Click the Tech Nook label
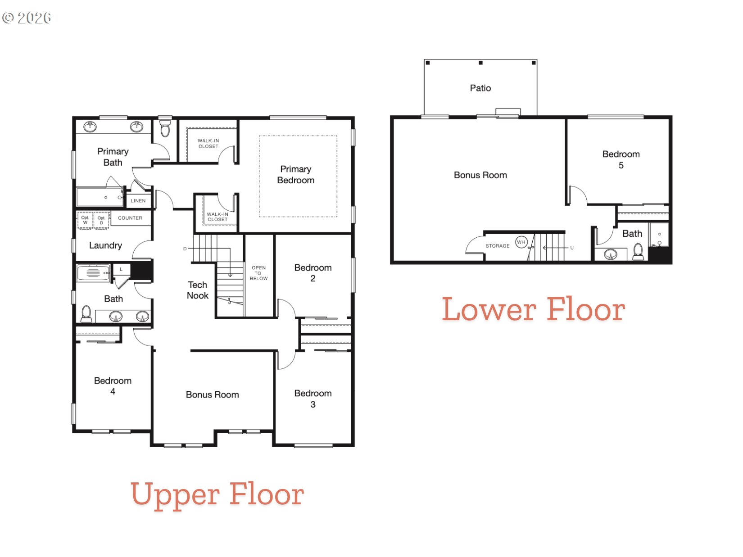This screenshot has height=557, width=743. [x=198, y=290]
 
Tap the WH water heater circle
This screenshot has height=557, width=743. [x=521, y=242]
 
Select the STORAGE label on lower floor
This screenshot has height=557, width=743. [x=497, y=246]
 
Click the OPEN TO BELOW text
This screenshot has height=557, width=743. [x=258, y=273]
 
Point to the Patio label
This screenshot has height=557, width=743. [x=480, y=88]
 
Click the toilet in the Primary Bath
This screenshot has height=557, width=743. [x=165, y=128]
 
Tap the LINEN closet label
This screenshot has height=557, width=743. [x=138, y=201]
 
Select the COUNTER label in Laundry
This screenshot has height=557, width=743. [x=130, y=218]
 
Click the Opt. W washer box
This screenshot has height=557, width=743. [x=85, y=220]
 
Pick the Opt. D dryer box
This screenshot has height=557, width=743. [x=101, y=220]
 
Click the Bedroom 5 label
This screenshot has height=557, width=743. [x=621, y=159]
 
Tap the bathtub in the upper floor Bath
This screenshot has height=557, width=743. [x=93, y=273]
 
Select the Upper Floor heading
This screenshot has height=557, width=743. [x=217, y=494]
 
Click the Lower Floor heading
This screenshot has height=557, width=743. [x=533, y=310]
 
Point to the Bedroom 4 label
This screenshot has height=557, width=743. [x=113, y=386]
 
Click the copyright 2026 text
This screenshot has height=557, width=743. [x=27, y=18]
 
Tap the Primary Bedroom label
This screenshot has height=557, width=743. [x=295, y=175]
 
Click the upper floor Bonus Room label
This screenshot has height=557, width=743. [x=212, y=395]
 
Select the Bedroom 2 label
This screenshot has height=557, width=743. [x=313, y=273]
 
